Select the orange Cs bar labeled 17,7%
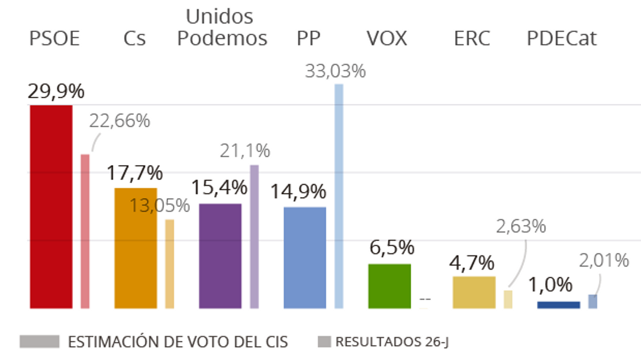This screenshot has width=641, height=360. [x=136, y=248]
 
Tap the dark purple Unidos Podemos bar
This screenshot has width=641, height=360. [x=220, y=256]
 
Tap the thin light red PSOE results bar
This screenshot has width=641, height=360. [x=85, y=231]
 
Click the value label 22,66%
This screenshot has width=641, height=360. [x=120, y=121]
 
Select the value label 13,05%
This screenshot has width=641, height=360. [x=160, y=205]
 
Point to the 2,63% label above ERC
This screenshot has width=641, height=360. [x=521, y=226]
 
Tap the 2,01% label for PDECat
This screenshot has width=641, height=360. [x=604, y=261]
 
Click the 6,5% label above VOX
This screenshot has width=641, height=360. [x=392, y=248]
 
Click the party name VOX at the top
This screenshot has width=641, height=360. [x=387, y=38]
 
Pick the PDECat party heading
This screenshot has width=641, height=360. [x=562, y=38]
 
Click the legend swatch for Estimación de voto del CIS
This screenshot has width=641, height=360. [x=40, y=342]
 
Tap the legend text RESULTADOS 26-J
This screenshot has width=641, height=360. [x=392, y=342]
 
